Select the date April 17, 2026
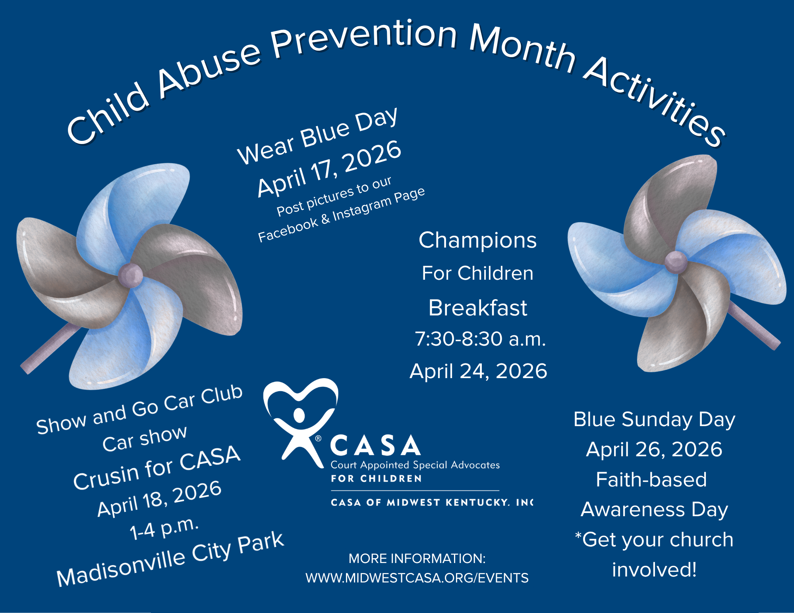tap(329, 168)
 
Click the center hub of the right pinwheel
tap(676, 262)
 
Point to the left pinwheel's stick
tap(50, 348)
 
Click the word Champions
tap(477, 240)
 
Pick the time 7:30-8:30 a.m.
tap(480, 339)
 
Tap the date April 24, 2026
tap(478, 371)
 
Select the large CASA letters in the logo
tap(375, 445)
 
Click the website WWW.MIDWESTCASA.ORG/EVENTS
tap(417, 578)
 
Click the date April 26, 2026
tap(654, 450)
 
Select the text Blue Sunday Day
tap(654, 420)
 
